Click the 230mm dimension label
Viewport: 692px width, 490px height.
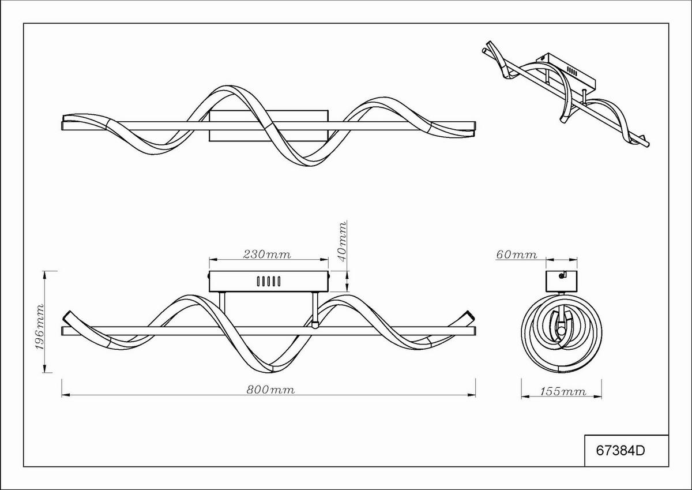click(267, 255)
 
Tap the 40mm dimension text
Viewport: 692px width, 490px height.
click(342, 242)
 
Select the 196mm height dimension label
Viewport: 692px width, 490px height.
click(40, 327)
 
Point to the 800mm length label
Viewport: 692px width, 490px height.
click(270, 390)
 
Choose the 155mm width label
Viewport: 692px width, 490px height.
click(563, 392)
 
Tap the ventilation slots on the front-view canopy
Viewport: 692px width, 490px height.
click(269, 281)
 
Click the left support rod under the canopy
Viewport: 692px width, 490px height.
click(222, 309)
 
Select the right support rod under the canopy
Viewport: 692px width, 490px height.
click(315, 310)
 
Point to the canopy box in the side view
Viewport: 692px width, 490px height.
click(562, 281)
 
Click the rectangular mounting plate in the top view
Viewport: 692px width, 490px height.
click(269, 126)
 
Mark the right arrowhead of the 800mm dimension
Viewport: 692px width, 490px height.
click(472, 395)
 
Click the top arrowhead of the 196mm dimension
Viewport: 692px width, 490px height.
click(45, 275)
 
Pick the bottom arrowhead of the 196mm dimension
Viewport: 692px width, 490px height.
click(45, 369)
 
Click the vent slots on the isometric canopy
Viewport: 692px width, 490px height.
click(572, 72)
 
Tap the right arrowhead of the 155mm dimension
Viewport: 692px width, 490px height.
click(597, 397)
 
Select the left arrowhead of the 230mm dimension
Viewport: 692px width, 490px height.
click(213, 260)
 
